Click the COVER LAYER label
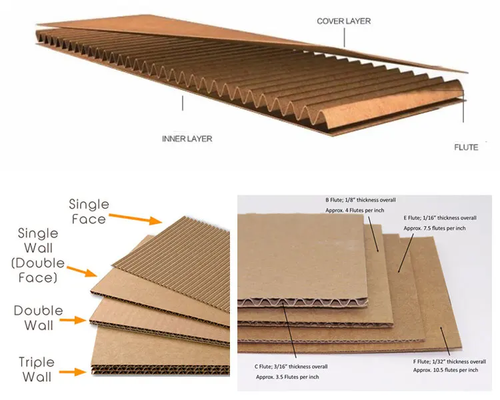point(343,21)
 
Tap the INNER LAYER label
point(187,139)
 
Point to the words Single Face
point(88,211)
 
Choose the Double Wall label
point(39,318)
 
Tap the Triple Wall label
point(37,370)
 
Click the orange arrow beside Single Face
point(136,218)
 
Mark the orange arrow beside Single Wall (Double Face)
point(85,272)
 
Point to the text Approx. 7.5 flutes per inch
point(434,228)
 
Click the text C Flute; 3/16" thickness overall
point(291,366)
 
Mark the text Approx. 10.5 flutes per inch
point(445,370)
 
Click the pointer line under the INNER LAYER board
point(182,104)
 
